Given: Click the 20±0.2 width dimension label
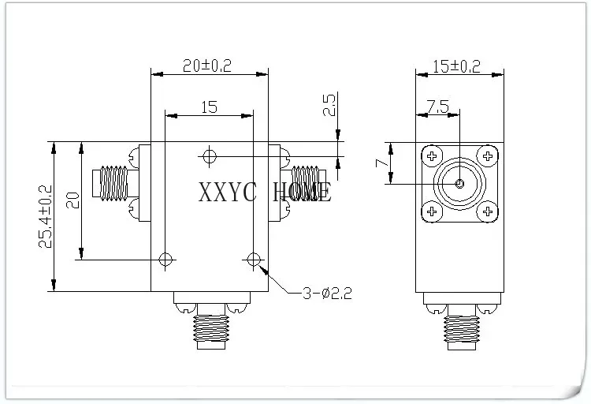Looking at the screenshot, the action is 207,65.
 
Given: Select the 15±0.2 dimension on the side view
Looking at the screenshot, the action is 456,66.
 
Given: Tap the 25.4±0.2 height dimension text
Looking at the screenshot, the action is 46,216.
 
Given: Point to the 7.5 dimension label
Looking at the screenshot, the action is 437,107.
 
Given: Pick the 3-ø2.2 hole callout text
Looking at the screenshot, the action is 327,293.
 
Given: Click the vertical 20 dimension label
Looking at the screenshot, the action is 72,200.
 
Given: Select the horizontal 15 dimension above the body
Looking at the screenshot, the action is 209,107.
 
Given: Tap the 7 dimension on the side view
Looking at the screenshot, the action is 382,163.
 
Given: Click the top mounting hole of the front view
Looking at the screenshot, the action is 209,156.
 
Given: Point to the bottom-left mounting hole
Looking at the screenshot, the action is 165,260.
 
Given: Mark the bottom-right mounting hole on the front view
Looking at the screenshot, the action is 253,260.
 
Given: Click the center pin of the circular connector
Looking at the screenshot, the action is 459,184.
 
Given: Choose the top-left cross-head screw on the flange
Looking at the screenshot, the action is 432,155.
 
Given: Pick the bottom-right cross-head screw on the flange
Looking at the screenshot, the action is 487,211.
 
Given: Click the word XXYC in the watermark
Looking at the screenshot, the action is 228,193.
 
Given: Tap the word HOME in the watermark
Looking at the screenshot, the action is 303,193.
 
